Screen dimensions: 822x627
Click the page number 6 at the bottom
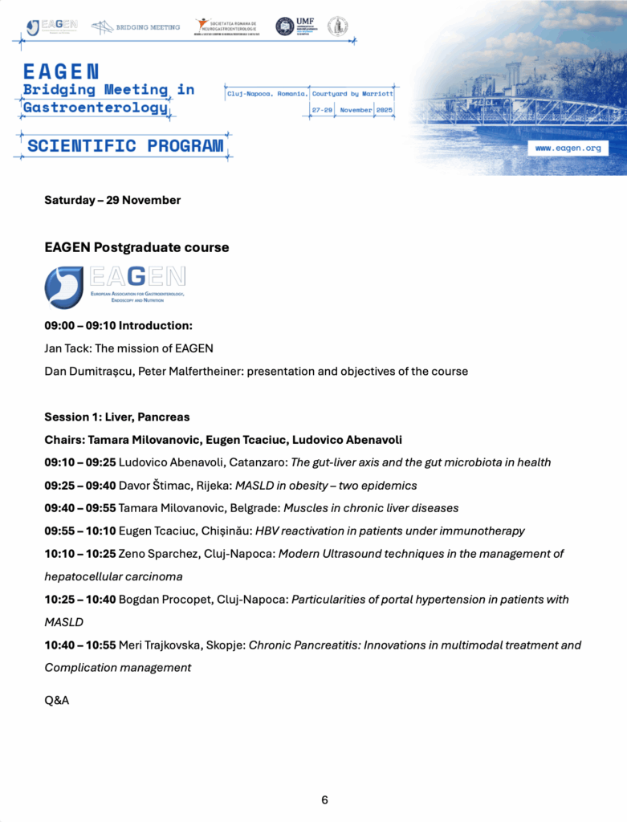(324, 800)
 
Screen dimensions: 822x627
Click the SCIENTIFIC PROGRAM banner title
(125, 146)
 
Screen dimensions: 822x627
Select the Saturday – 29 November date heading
(112, 200)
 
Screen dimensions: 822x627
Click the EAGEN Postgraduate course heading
(136, 247)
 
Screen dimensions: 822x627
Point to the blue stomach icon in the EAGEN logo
(63, 288)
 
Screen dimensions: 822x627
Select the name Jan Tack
(67, 348)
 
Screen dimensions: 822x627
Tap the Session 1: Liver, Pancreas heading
(117, 417)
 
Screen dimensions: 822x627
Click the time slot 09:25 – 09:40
(79, 485)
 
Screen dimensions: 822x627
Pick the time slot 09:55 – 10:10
(79, 531)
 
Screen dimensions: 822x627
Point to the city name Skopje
(225, 645)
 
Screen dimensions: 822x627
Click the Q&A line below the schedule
(57, 700)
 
